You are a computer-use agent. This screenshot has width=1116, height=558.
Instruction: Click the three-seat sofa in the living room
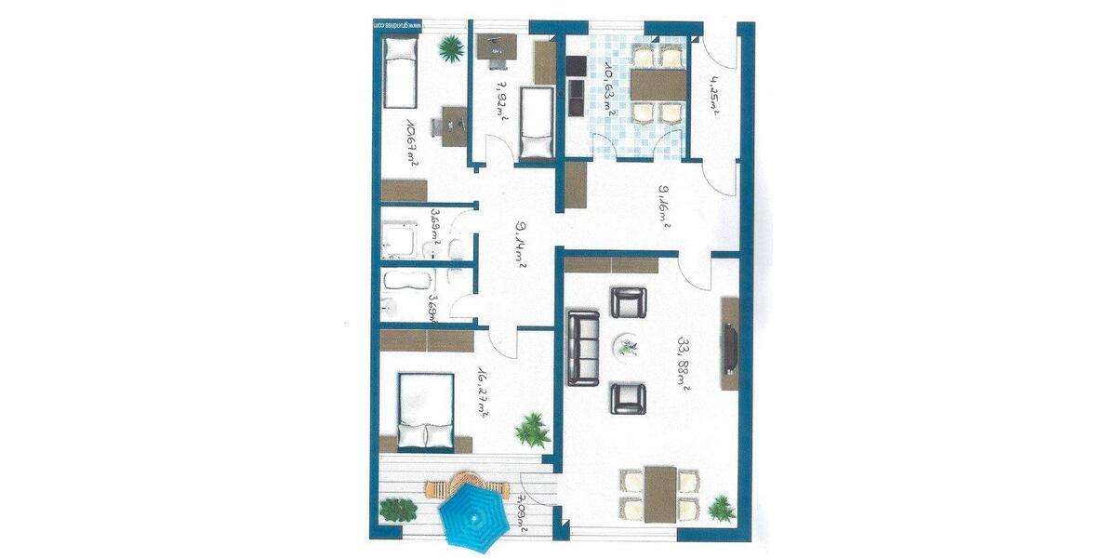[584, 349]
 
